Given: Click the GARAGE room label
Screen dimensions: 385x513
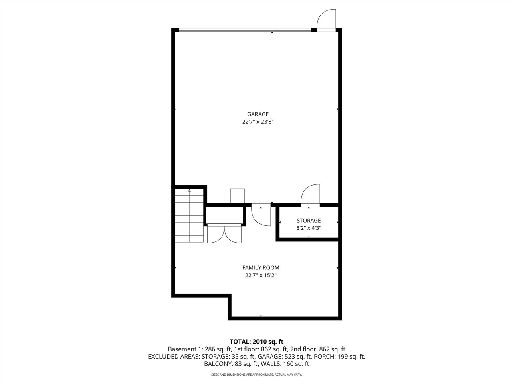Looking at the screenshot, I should coord(258,114).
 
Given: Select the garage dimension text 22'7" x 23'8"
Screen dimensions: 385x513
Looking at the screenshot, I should coord(258,122).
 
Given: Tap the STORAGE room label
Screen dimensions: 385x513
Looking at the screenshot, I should coord(309,220).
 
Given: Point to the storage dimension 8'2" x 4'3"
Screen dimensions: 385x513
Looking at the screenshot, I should coord(309,228).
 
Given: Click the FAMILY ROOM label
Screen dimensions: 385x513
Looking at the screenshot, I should coord(261,267).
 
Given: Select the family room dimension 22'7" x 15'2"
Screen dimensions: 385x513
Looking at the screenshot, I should coord(261,275).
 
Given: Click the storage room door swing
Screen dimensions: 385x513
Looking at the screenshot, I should coord(311,195).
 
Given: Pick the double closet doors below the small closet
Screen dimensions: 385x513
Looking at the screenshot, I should coord(224,234).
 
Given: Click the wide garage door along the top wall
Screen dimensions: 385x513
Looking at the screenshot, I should coord(244,30).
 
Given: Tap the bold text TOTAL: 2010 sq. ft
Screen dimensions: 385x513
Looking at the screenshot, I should coord(256,342).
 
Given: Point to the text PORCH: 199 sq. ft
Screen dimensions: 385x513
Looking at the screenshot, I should coord(339,356).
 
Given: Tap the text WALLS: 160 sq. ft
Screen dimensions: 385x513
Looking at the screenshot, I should coord(285,364).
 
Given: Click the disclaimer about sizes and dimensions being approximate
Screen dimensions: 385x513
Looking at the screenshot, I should coord(256,375).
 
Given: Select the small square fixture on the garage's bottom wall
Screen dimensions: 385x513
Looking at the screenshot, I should coord(237,196).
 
